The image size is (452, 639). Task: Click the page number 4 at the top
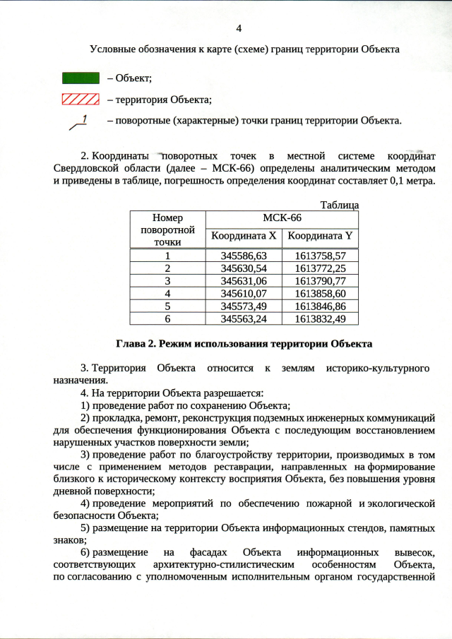click(238, 29)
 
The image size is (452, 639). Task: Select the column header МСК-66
click(282, 218)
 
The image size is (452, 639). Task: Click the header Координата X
click(243, 236)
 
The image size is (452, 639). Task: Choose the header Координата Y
click(319, 236)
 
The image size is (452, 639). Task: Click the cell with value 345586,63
click(243, 256)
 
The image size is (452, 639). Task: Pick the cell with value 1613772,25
click(319, 268)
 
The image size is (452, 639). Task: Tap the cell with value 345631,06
click(243, 281)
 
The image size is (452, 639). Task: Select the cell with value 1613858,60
click(319, 294)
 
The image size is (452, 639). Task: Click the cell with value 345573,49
click(243, 306)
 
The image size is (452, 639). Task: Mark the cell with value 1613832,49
click(319, 319)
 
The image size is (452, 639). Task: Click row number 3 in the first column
click(167, 281)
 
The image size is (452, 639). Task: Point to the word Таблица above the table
click(340, 205)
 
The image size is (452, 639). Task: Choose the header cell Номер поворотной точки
click(167, 230)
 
